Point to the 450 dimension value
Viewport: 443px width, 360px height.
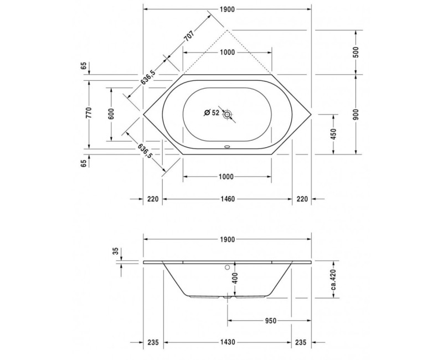[x=333, y=135]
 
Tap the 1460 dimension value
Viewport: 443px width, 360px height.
[x=228, y=199]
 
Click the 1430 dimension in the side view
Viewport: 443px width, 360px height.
[x=228, y=342]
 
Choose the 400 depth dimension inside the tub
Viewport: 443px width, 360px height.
[x=235, y=279]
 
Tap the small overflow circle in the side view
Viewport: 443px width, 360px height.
[x=227, y=266]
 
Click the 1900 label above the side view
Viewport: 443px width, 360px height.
[x=228, y=239]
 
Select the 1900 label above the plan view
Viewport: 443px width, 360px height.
[x=228, y=9]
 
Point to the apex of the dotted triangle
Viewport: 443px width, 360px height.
[x=228, y=30]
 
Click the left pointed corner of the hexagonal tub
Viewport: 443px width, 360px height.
[x=143, y=115]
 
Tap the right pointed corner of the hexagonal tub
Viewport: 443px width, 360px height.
[x=312, y=115]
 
